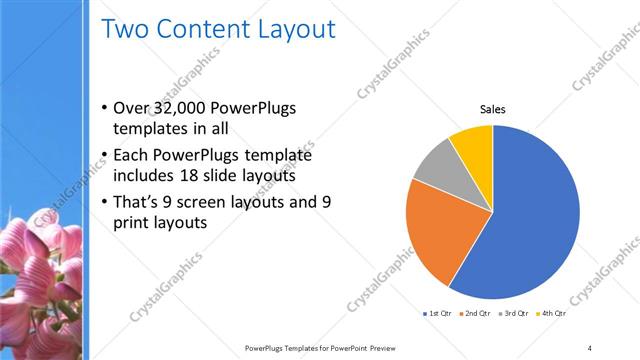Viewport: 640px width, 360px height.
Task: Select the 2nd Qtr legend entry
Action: point(476,314)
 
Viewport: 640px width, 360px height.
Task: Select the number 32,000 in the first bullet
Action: point(185,109)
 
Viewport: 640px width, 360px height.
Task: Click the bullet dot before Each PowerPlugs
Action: point(105,156)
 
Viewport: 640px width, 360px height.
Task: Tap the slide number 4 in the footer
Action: point(590,347)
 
